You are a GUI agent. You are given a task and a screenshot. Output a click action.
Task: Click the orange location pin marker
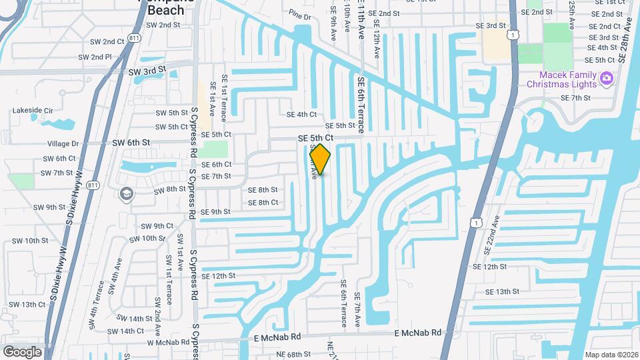(x=321, y=159)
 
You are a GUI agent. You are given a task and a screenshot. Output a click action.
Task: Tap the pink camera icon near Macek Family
(x=606, y=79)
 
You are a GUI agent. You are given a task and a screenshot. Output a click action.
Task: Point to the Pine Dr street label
(x=300, y=15)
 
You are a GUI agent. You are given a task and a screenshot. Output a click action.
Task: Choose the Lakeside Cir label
(x=33, y=111)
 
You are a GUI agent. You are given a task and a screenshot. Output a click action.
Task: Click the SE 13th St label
(x=502, y=291)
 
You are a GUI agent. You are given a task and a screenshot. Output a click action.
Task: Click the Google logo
(x=22, y=351)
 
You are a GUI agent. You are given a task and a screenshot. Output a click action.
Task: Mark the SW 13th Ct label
(x=27, y=305)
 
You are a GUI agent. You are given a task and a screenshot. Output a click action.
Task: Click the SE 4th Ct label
(x=301, y=115)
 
